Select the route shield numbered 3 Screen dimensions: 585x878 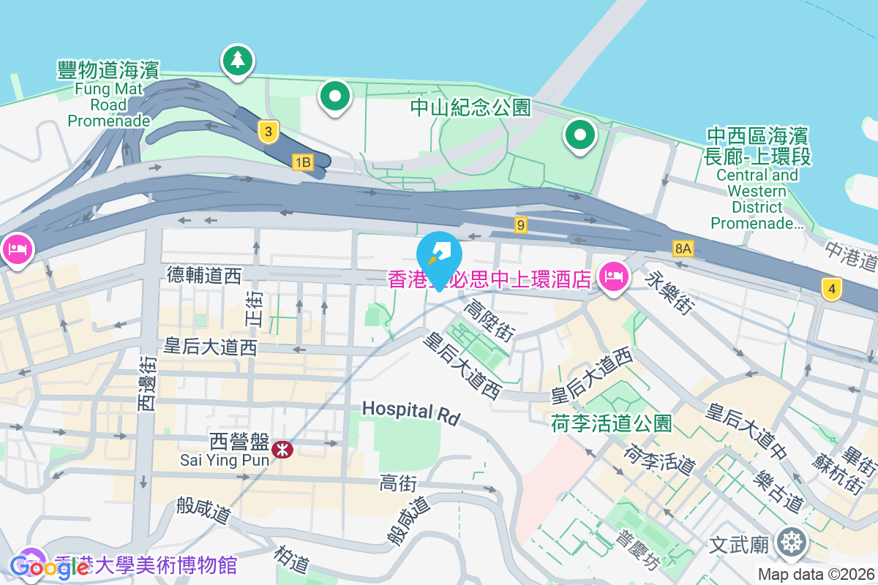[x=269, y=132]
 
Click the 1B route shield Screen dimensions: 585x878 [x=302, y=161]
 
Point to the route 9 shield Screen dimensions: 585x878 [x=520, y=225]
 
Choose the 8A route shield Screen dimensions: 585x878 [x=683, y=249]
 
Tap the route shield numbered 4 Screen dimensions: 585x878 [x=830, y=289]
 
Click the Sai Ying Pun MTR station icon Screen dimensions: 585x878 [x=281, y=449]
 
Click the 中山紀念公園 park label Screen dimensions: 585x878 [x=470, y=108]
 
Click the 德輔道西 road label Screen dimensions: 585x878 [x=204, y=275]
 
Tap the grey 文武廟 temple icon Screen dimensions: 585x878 [x=792, y=543]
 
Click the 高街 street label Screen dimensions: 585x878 [x=398, y=483]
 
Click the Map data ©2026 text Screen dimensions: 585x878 [x=816, y=575]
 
